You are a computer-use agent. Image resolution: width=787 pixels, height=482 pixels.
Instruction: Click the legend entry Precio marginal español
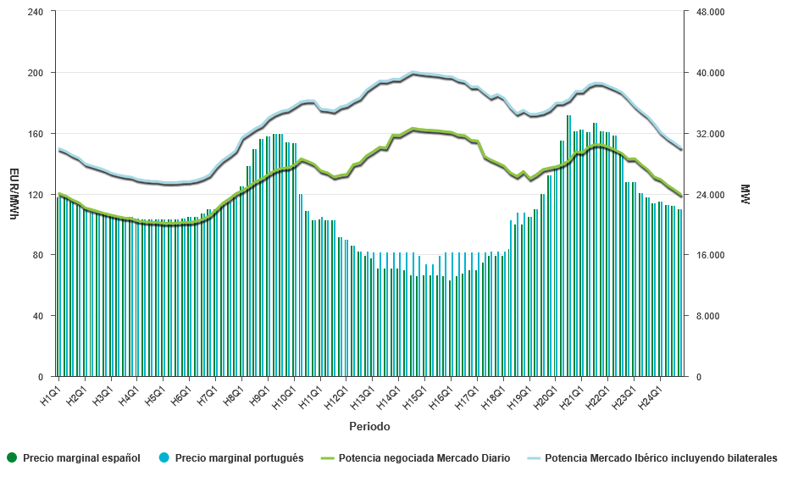pyautogui.click(x=81, y=458)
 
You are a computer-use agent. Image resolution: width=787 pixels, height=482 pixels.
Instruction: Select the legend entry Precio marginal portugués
pyautogui.click(x=239, y=458)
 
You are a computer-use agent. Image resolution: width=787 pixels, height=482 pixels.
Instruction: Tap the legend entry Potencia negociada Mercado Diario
pyautogui.click(x=424, y=458)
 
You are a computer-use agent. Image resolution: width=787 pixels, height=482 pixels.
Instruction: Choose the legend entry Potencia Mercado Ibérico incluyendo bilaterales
pyautogui.click(x=661, y=458)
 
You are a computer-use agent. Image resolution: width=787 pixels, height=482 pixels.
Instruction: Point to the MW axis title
pyautogui.click(x=745, y=194)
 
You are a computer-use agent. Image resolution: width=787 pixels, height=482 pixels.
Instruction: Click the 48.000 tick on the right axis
pyautogui.click(x=711, y=12)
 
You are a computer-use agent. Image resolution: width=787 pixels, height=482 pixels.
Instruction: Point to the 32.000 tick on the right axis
pyautogui.click(x=711, y=134)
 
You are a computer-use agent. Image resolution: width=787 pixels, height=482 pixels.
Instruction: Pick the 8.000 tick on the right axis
pyautogui.click(x=708, y=316)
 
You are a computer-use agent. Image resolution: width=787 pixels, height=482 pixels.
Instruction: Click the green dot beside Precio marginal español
pyautogui.click(x=11, y=458)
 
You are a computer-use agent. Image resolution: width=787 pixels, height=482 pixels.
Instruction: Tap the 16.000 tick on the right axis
pyautogui.click(x=711, y=255)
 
